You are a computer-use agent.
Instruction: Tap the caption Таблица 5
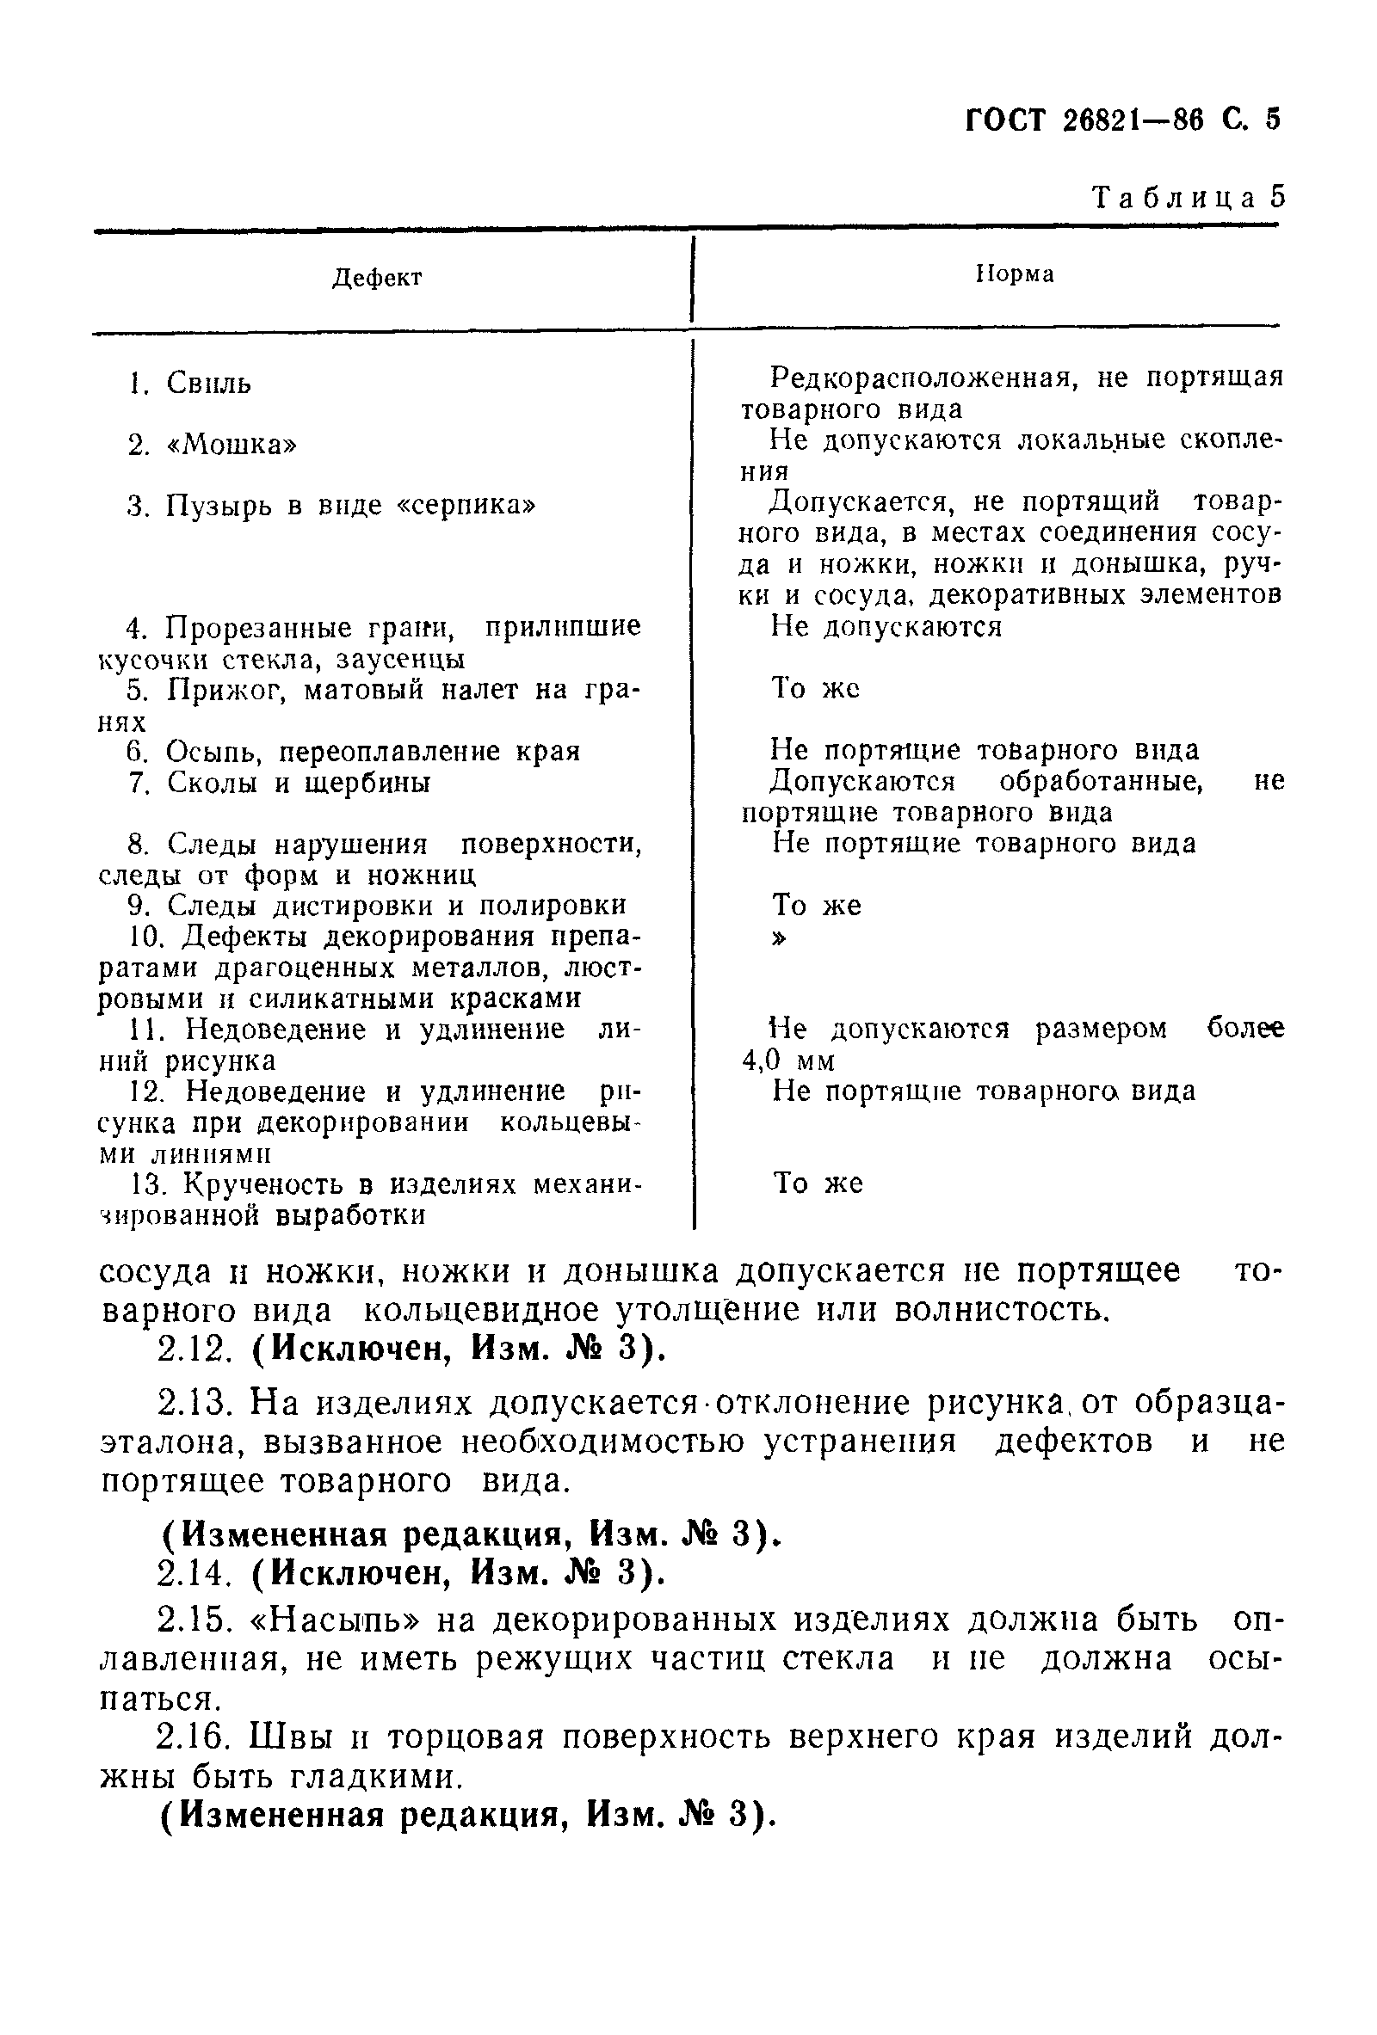click(1188, 198)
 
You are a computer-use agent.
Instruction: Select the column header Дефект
click(378, 279)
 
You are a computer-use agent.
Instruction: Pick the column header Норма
click(1015, 274)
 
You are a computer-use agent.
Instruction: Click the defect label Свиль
click(208, 384)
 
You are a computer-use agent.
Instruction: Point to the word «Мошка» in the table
click(232, 445)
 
